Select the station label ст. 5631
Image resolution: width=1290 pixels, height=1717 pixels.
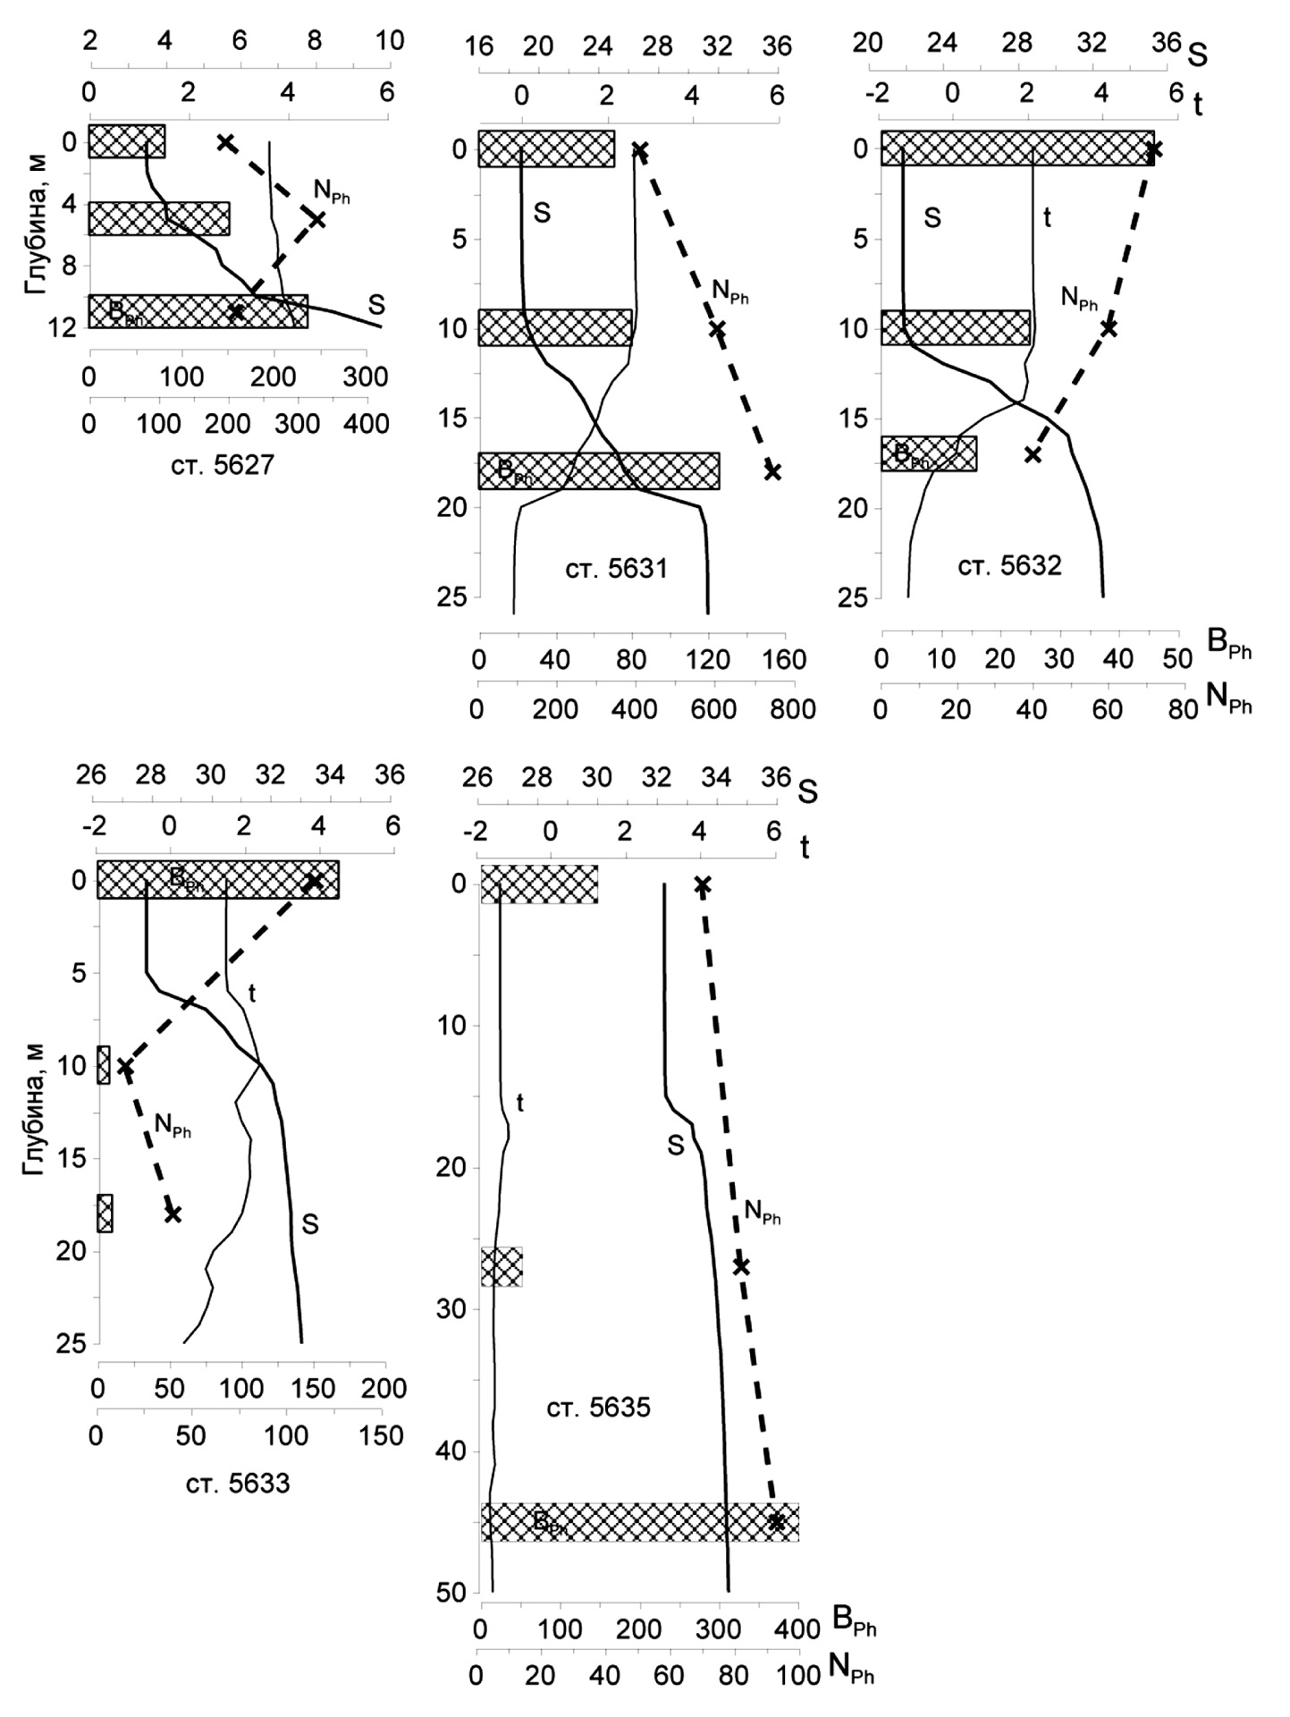click(617, 569)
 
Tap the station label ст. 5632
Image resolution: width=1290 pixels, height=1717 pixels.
click(1010, 565)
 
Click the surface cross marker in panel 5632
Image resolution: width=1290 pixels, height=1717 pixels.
click(1154, 149)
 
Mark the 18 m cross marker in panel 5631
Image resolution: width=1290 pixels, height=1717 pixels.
click(772, 471)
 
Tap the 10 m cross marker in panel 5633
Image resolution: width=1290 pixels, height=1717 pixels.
click(125, 1067)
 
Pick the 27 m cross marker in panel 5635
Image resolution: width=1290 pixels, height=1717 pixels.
click(740, 1266)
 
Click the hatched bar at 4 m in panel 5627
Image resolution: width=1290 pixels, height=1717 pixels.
click(159, 218)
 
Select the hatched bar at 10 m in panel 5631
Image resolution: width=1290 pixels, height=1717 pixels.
click(554, 327)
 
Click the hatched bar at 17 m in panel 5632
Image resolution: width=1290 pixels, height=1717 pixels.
click(929, 453)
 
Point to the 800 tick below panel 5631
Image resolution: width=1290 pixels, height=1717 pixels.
click(792, 709)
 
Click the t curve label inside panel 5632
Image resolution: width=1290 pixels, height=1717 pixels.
click(1048, 216)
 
